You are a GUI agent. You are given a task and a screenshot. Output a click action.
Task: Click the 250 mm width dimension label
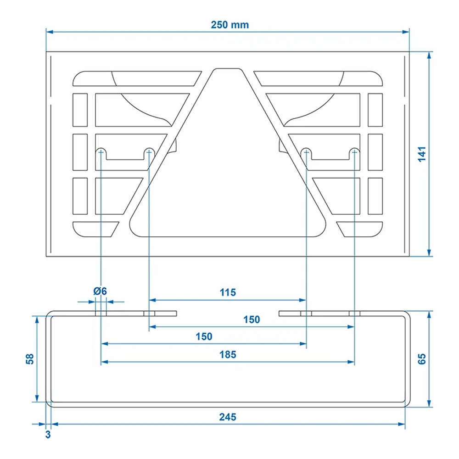tap(229, 25)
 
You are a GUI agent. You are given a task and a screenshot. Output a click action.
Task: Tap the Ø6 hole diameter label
tap(100, 291)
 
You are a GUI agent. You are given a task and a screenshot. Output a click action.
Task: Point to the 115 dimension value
tap(228, 292)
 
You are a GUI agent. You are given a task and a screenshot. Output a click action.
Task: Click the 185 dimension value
tap(228, 354)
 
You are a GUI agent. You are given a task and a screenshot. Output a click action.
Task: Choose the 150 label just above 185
tap(204, 336)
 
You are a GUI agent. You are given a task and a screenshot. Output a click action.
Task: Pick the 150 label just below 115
tap(252, 319)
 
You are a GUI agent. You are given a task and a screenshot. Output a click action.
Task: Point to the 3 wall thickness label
tap(48, 434)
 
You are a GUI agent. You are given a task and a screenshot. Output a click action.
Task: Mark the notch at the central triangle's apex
tap(228, 71)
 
